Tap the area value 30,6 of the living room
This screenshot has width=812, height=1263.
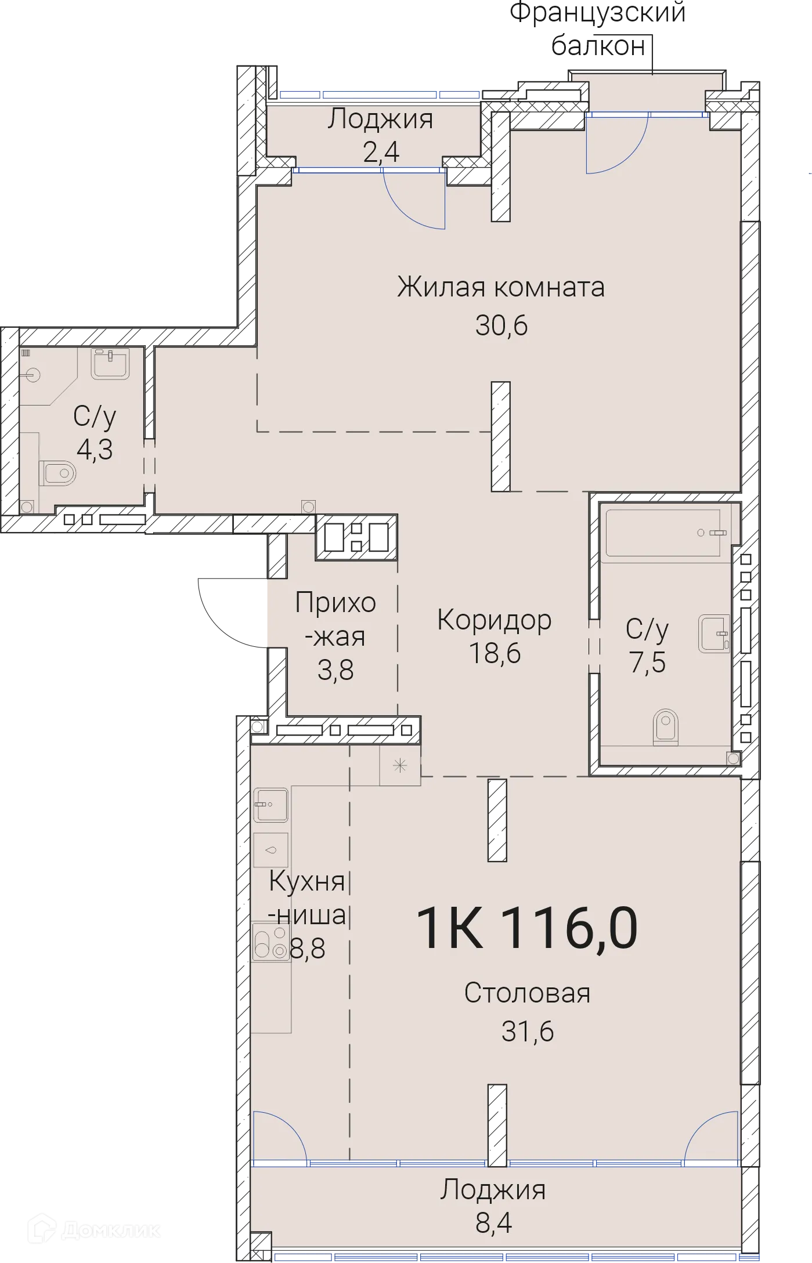[x=501, y=325]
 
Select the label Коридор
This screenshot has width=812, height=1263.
[x=495, y=620]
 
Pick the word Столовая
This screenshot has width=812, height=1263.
[x=527, y=993]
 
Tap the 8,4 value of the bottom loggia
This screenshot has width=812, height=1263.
[x=493, y=1223]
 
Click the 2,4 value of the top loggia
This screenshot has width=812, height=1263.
[x=381, y=152]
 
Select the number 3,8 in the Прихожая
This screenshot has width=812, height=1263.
[x=335, y=670]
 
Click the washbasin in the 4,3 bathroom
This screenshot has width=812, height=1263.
[x=110, y=364]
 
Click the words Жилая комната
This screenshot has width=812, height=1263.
[x=501, y=287]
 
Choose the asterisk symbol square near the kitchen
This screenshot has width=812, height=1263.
[x=400, y=766]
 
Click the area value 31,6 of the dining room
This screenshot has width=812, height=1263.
[x=528, y=1031]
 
